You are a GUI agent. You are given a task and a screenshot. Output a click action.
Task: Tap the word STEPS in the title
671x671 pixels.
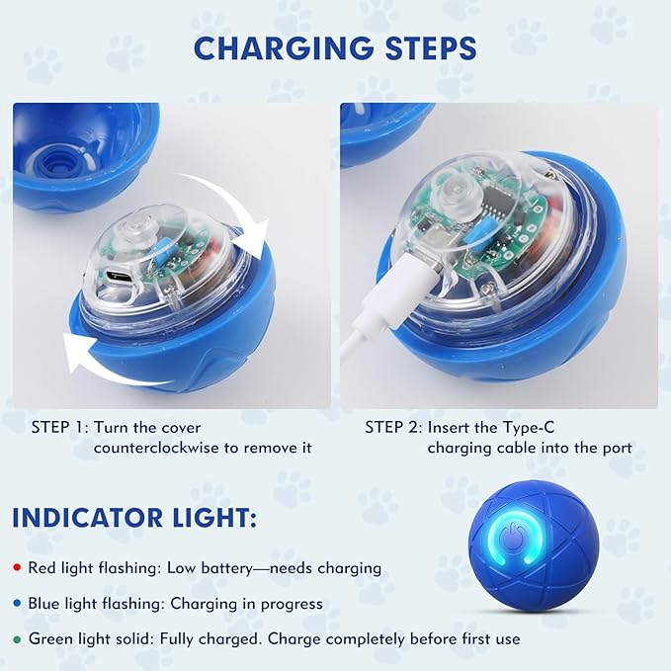[x=426, y=48]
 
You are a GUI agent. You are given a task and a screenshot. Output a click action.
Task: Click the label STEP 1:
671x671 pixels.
[x=59, y=428]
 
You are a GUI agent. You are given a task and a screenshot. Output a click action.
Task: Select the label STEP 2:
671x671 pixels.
[x=392, y=428]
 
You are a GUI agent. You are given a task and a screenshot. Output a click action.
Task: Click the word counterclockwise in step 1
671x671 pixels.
[x=157, y=448]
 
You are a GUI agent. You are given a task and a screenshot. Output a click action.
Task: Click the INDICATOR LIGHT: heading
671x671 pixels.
[x=136, y=518]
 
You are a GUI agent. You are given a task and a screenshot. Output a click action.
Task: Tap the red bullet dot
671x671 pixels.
[x=17, y=569]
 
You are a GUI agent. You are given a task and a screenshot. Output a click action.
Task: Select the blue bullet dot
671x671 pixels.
[x=17, y=604]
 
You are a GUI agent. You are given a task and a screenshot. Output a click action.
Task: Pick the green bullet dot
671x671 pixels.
[x=17, y=638]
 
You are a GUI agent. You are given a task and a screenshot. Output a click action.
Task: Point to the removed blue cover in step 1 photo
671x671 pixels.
[x=79, y=148]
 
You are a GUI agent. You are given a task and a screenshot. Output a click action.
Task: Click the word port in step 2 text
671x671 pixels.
[x=613, y=448]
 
